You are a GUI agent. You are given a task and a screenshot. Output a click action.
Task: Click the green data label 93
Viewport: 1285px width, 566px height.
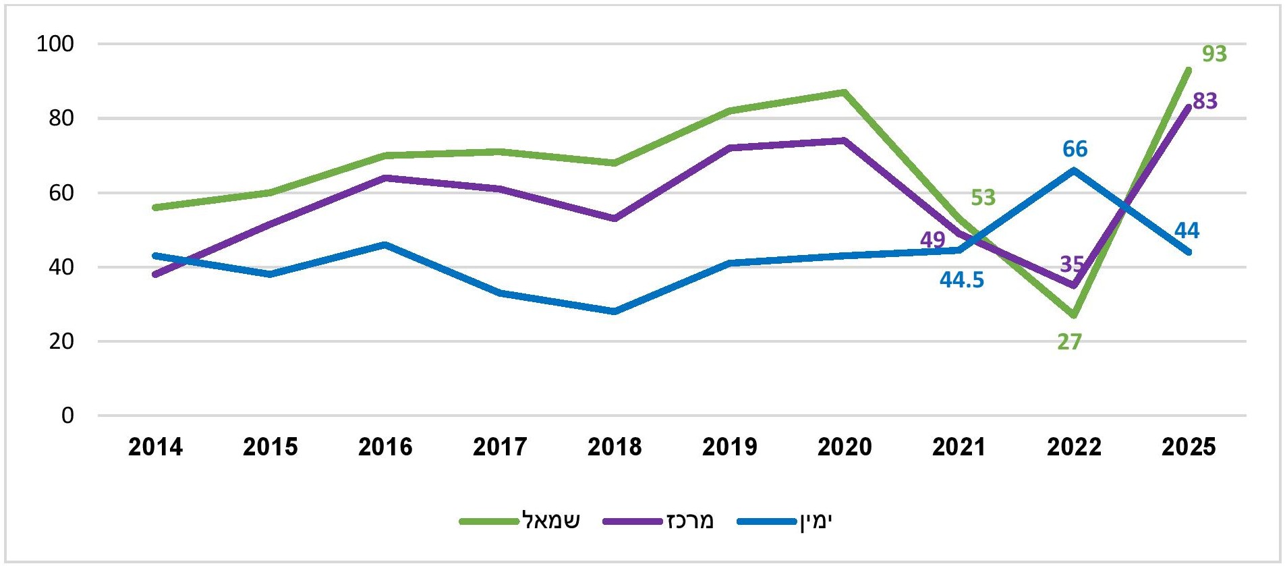(1214, 53)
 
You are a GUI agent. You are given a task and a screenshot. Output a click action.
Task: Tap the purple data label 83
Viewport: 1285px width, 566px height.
(1205, 101)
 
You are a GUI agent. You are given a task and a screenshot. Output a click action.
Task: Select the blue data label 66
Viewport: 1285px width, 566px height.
(1075, 149)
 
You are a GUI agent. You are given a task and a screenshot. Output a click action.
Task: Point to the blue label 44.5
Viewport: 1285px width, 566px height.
(961, 280)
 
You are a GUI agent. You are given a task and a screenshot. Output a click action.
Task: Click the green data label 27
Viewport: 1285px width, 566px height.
(1069, 342)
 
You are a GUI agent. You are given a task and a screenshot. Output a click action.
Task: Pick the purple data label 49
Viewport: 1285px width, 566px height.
(932, 239)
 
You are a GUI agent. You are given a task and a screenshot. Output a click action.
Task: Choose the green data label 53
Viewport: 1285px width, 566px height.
(983, 198)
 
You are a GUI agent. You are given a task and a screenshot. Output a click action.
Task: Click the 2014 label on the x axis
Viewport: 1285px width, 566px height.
(155, 447)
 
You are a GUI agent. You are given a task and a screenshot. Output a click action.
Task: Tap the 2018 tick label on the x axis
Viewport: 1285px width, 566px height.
(615, 447)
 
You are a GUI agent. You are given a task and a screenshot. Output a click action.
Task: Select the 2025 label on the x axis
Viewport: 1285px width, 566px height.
(1189, 447)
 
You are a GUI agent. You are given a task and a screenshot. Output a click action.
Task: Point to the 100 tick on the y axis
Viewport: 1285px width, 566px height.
(55, 44)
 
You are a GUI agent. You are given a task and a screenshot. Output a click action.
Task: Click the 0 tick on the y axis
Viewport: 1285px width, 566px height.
(67, 416)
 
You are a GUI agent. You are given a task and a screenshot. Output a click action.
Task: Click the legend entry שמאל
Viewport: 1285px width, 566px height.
(550, 521)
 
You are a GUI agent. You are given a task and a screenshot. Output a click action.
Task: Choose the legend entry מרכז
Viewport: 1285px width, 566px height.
(689, 521)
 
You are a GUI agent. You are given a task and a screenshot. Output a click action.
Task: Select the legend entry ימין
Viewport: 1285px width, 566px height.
(816, 521)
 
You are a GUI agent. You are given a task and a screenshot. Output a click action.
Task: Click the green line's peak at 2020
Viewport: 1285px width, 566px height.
(844, 92)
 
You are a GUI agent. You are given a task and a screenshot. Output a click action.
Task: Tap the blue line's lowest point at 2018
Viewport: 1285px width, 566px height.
(615, 311)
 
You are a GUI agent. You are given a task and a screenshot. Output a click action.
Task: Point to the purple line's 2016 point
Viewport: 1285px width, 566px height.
(385, 178)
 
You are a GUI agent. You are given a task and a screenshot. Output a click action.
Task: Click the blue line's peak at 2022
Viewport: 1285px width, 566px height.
(1074, 170)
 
